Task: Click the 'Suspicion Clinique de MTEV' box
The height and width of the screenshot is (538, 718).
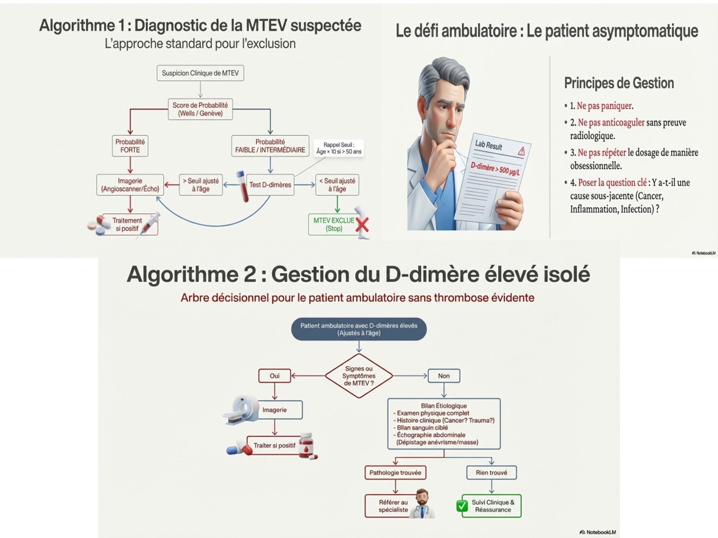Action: (200, 73)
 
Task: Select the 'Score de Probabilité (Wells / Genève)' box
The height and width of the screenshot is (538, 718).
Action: (200, 109)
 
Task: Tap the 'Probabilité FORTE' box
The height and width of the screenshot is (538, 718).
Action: (130, 146)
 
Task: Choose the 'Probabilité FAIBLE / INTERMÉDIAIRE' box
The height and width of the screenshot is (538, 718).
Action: (270, 146)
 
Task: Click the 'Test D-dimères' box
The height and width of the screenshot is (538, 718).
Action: (270, 185)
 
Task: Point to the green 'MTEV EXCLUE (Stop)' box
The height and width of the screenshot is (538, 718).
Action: (334, 224)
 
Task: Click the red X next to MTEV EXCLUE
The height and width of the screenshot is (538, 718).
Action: (362, 224)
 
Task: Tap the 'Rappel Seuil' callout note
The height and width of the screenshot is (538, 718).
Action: (339, 148)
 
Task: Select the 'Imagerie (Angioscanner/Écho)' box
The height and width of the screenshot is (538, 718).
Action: (130, 185)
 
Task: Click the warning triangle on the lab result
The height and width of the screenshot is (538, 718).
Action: (521, 152)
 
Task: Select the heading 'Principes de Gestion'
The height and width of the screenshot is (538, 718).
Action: (619, 83)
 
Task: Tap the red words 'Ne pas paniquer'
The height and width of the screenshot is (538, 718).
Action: (605, 106)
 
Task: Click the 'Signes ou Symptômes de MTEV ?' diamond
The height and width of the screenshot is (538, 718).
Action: (359, 376)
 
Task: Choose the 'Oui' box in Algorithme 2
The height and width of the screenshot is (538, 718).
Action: (274, 376)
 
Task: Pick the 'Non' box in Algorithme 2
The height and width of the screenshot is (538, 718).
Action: (444, 376)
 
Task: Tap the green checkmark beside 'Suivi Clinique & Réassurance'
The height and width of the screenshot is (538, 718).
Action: (462, 506)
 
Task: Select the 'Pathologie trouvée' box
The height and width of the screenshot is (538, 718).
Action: (395, 472)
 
